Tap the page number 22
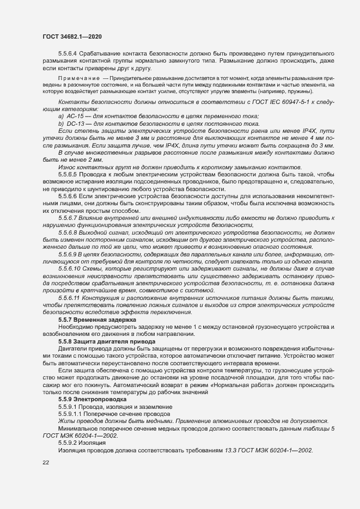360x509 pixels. coord(46,463)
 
